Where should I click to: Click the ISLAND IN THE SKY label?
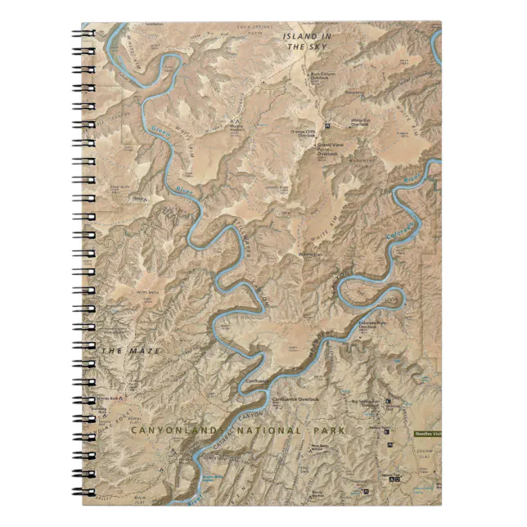pyautogui.click(x=307, y=42)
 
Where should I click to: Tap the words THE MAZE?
pyautogui.click(x=130, y=351)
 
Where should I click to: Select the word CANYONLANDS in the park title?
pyautogui.click(x=179, y=429)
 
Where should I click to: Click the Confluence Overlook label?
pyautogui.click(x=295, y=399)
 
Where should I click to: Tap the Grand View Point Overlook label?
pyautogui.click(x=331, y=149)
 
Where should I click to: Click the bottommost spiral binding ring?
pyautogui.click(x=86, y=493)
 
